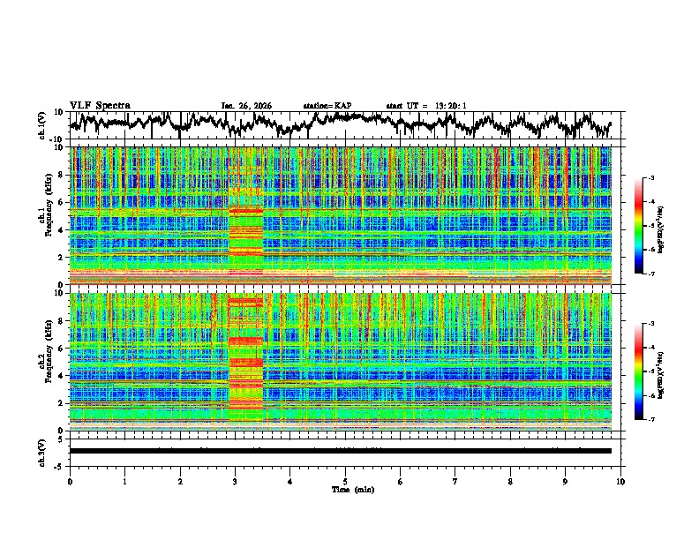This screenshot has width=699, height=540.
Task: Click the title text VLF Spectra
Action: (x=100, y=105)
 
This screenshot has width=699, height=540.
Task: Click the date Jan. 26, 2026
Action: (x=246, y=106)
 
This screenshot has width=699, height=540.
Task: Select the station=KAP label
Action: (x=327, y=106)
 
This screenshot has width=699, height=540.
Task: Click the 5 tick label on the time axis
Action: (x=345, y=481)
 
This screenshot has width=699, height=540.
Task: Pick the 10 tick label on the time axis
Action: (x=620, y=481)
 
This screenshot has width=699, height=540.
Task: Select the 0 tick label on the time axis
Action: (x=70, y=481)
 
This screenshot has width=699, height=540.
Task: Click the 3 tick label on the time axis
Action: (x=235, y=481)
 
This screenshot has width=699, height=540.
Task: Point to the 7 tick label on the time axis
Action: (x=455, y=481)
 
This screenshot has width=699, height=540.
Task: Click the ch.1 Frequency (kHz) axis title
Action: (x=43, y=216)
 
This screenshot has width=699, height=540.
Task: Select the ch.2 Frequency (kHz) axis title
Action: (x=43, y=361)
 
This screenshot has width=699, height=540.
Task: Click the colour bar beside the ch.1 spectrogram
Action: (x=650, y=227)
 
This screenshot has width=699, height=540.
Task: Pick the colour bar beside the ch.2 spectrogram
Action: (x=650, y=371)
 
